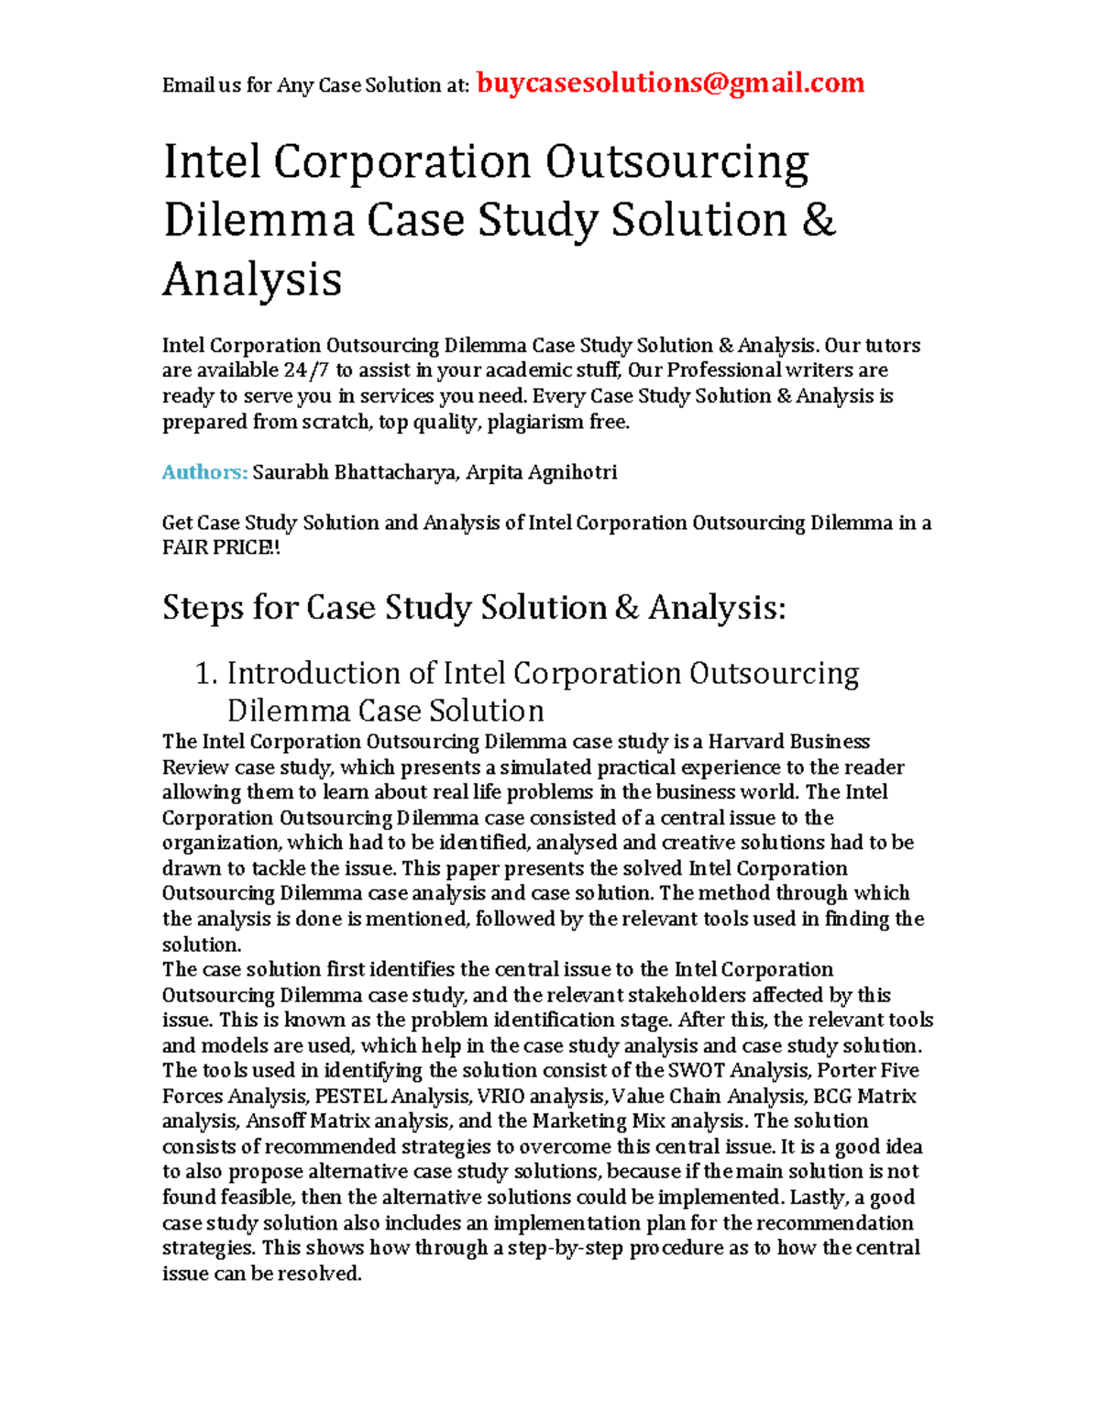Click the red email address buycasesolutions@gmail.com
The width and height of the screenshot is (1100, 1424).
pos(671,83)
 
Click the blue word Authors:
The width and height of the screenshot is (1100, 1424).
pos(204,472)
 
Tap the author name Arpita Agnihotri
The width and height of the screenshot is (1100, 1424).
pos(541,472)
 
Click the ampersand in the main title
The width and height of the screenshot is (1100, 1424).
pos(819,220)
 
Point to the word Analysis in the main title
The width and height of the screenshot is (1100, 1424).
pos(252,279)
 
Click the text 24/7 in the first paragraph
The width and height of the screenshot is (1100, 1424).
pos(307,370)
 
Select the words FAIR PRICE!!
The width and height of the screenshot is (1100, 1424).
pos(221,548)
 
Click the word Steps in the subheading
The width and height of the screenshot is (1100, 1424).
pos(203,608)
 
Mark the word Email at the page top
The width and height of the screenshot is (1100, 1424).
pos(188,86)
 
